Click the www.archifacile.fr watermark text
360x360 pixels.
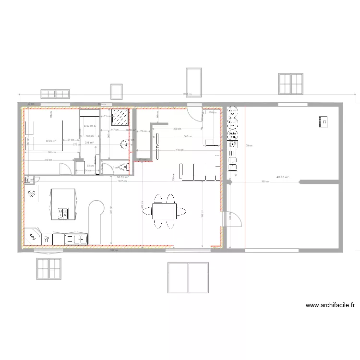click(x=330, y=305)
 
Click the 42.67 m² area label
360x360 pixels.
click(x=282, y=177)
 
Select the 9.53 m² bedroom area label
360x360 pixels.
click(x=51, y=142)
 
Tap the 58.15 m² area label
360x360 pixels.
click(x=122, y=177)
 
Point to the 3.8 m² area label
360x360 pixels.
click(x=89, y=142)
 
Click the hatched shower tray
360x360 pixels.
click(x=120, y=118)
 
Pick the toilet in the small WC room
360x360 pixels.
click(x=124, y=167)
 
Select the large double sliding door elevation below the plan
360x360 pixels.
click(x=188, y=277)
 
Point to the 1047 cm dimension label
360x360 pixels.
click(x=121, y=181)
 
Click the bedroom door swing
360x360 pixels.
click(x=63, y=168)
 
